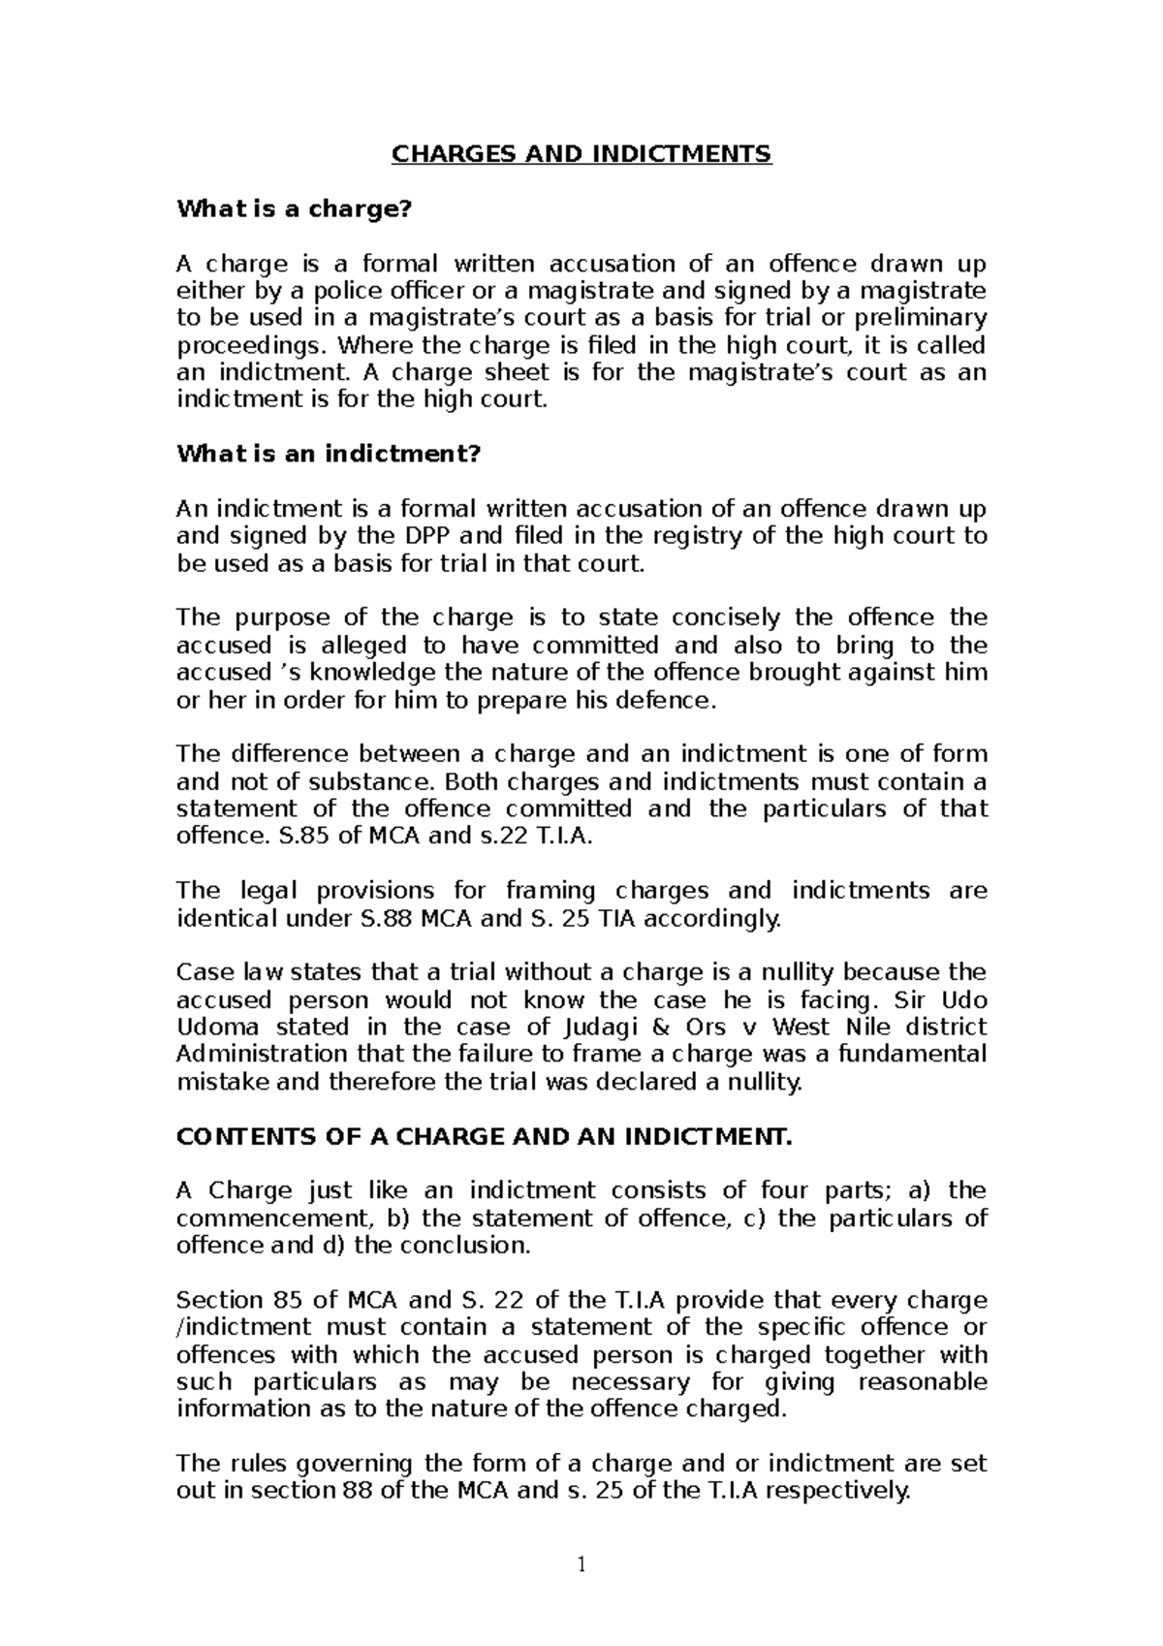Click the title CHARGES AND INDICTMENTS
coord(581,154)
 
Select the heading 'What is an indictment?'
coord(329,454)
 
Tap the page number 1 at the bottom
coord(581,1565)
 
